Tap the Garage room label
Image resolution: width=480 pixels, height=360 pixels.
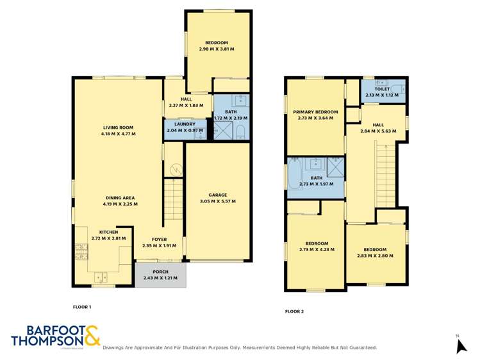pyautogui.click(x=217, y=195)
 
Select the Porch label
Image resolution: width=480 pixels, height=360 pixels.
pyautogui.click(x=160, y=272)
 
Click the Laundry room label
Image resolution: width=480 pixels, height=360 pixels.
pyautogui.click(x=184, y=124)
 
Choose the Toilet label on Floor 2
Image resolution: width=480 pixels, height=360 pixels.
pyautogui.click(x=382, y=90)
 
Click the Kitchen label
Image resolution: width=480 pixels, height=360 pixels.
pyautogui.click(x=108, y=232)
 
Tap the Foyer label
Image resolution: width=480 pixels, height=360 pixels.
pyautogui.click(x=159, y=239)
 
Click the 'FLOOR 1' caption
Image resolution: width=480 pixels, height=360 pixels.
pyautogui.click(x=82, y=307)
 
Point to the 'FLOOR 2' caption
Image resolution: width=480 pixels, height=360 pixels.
pyautogui.click(x=294, y=312)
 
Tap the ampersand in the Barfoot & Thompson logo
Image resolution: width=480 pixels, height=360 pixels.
pyautogui.click(x=92, y=336)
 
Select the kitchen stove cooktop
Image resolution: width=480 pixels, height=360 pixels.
pyautogui.click(x=81, y=251)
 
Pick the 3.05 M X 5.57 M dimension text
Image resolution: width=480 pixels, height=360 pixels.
pyautogui.click(x=217, y=201)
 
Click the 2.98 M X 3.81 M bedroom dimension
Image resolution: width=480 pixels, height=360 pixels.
pyautogui.click(x=216, y=49)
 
